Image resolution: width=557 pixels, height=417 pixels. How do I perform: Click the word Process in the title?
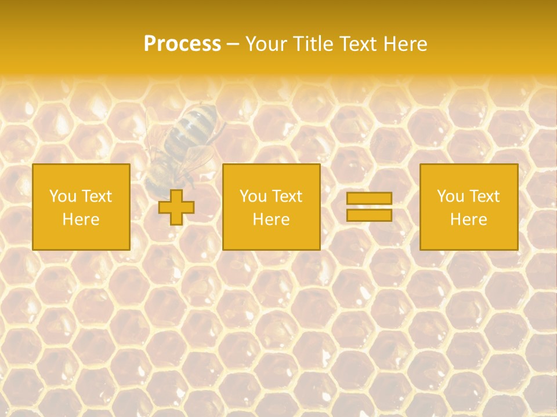tap(182, 44)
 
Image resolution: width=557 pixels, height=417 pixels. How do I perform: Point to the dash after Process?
tap(233, 45)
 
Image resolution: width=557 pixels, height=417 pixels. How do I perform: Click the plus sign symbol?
tap(176, 207)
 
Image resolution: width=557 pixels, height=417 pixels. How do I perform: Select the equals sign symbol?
tap(369, 207)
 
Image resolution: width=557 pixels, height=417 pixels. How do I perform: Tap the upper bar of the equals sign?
tap(369, 199)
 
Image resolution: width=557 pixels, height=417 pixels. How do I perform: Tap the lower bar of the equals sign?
tap(369, 215)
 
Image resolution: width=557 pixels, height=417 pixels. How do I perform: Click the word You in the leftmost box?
tap(63, 196)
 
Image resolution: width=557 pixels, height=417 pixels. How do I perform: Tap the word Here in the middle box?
tap(272, 220)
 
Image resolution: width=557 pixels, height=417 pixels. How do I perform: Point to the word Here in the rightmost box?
tap(469, 220)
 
